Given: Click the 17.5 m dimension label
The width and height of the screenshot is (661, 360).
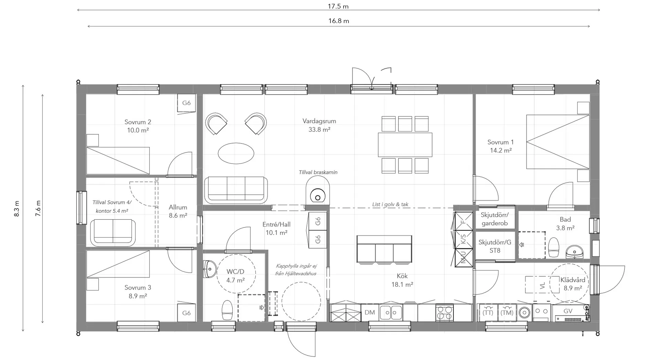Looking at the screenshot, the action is click(338, 6).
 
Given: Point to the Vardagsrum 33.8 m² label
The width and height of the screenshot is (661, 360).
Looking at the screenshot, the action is click(319, 125).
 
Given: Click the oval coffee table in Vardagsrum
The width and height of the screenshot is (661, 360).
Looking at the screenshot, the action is click(236, 153).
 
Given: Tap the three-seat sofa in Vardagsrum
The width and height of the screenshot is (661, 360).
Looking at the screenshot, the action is click(236, 190).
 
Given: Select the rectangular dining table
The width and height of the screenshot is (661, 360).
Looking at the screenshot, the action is click(405, 145).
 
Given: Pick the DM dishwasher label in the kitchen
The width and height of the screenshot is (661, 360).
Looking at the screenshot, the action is click(370, 313).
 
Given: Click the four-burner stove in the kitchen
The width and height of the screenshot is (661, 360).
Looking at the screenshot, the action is click(444, 313).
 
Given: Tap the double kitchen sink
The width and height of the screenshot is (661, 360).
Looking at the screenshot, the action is click(391, 313).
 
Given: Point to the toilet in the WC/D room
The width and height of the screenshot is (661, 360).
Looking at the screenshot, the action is click(227, 310).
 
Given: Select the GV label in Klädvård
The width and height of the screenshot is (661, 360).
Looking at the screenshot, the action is click(568, 311).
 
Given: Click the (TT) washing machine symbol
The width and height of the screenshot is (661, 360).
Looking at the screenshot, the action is click(488, 313).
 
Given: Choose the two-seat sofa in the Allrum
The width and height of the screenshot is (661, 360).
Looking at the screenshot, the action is click(113, 233).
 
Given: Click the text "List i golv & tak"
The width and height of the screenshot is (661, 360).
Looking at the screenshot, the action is click(390, 204).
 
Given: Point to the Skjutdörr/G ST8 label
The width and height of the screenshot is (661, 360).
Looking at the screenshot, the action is click(495, 246).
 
